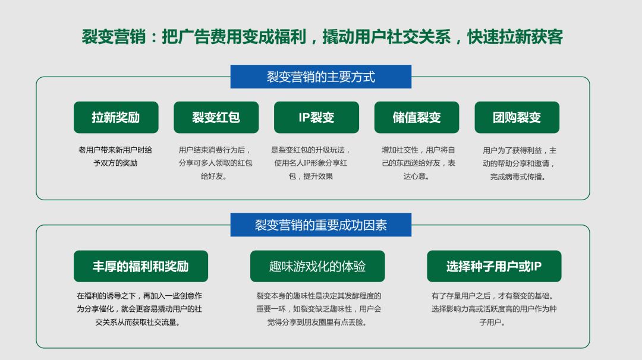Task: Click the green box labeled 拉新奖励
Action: pyautogui.click(x=116, y=117)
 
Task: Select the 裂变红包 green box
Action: pyautogui.click(x=216, y=117)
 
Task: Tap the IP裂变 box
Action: pyautogui.click(x=316, y=117)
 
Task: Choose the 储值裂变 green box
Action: pyautogui.click(x=417, y=117)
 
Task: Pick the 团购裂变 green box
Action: pyautogui.click(x=517, y=117)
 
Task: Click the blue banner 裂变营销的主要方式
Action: pyautogui.click(x=320, y=77)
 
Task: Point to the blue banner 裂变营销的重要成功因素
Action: pyautogui.click(x=320, y=225)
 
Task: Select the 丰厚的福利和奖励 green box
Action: pyautogui.click(x=141, y=266)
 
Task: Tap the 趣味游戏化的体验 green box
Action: pyautogui.click(x=317, y=266)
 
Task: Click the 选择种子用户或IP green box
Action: pyautogui.click(x=494, y=266)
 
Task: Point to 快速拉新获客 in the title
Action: pyautogui.click(x=515, y=37)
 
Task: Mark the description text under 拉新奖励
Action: pyautogui.click(x=115, y=156)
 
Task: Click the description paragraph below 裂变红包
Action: pyautogui.click(x=216, y=163)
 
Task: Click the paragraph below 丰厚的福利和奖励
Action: pyautogui.click(x=139, y=309)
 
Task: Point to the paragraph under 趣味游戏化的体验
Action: pyautogui.click(x=319, y=309)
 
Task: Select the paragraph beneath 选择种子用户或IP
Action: pyautogui.click(x=493, y=309)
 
